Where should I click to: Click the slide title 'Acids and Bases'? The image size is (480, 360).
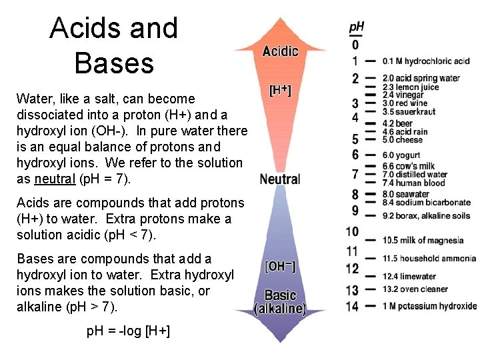(x=114, y=45)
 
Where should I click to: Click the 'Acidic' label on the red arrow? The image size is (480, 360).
(x=280, y=51)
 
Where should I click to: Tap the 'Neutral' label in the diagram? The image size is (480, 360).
(x=280, y=179)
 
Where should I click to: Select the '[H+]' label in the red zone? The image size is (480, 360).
(x=280, y=91)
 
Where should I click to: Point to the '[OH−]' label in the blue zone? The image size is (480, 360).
(x=280, y=267)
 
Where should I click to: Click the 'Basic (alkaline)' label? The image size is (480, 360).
(x=280, y=302)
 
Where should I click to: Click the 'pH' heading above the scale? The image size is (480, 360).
(x=357, y=28)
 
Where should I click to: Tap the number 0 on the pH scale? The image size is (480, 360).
(x=355, y=45)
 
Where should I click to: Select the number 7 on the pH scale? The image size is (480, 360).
(x=355, y=175)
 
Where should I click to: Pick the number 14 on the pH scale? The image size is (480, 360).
(x=352, y=306)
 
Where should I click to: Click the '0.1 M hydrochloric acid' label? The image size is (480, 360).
(x=426, y=61)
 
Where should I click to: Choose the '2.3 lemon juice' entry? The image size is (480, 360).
(x=411, y=87)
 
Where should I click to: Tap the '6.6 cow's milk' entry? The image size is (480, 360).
(x=409, y=166)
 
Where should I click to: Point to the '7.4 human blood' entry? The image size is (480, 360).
(x=414, y=183)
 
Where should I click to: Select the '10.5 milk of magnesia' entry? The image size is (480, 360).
(x=423, y=240)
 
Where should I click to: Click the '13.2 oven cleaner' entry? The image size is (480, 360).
(x=415, y=289)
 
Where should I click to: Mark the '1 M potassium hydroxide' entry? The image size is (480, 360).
(x=430, y=306)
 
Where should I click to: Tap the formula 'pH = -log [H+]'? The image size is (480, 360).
(x=128, y=331)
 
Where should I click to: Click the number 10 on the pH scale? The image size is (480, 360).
(x=352, y=232)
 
